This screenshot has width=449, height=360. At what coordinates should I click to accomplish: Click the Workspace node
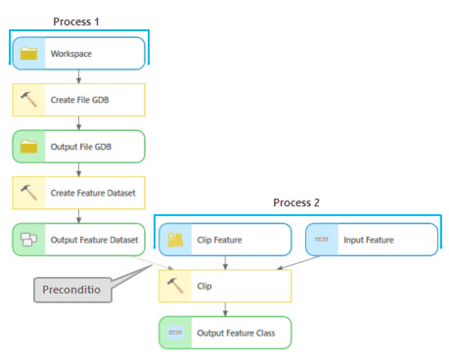pyautogui.click(x=78, y=53)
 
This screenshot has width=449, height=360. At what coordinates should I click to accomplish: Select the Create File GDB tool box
pyautogui.click(x=78, y=100)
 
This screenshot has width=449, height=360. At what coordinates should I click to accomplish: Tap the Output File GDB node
pyautogui.click(x=78, y=146)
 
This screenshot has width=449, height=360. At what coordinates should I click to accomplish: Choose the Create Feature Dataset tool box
pyautogui.click(x=78, y=193)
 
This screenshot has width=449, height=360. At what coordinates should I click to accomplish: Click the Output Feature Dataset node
pyautogui.click(x=78, y=240)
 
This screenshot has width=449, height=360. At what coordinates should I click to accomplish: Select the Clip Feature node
pyautogui.click(x=225, y=240)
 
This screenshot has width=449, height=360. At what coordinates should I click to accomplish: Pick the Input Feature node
pyautogui.click(x=372, y=240)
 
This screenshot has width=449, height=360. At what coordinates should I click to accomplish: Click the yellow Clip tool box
pyautogui.click(x=225, y=287)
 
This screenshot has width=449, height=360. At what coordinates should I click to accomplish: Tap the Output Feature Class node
pyautogui.click(x=225, y=333)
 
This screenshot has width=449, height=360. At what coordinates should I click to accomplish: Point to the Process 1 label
pyautogui.click(x=76, y=20)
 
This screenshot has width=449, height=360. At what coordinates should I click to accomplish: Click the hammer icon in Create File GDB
pyautogui.click(x=29, y=100)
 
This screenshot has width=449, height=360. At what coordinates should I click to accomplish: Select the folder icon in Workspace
pyautogui.click(x=29, y=53)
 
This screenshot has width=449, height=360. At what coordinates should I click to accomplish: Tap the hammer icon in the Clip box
pyautogui.click(x=176, y=287)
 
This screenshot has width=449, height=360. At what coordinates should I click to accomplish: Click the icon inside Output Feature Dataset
pyautogui.click(x=29, y=240)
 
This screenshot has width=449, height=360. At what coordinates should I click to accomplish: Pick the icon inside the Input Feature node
pyautogui.click(x=323, y=240)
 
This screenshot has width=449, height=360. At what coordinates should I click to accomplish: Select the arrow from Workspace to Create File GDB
pyautogui.click(x=78, y=76)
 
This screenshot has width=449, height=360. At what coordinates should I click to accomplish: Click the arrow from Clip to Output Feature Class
pyautogui.click(x=225, y=309)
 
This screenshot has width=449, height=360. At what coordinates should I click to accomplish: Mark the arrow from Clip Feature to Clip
pyautogui.click(x=225, y=262)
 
